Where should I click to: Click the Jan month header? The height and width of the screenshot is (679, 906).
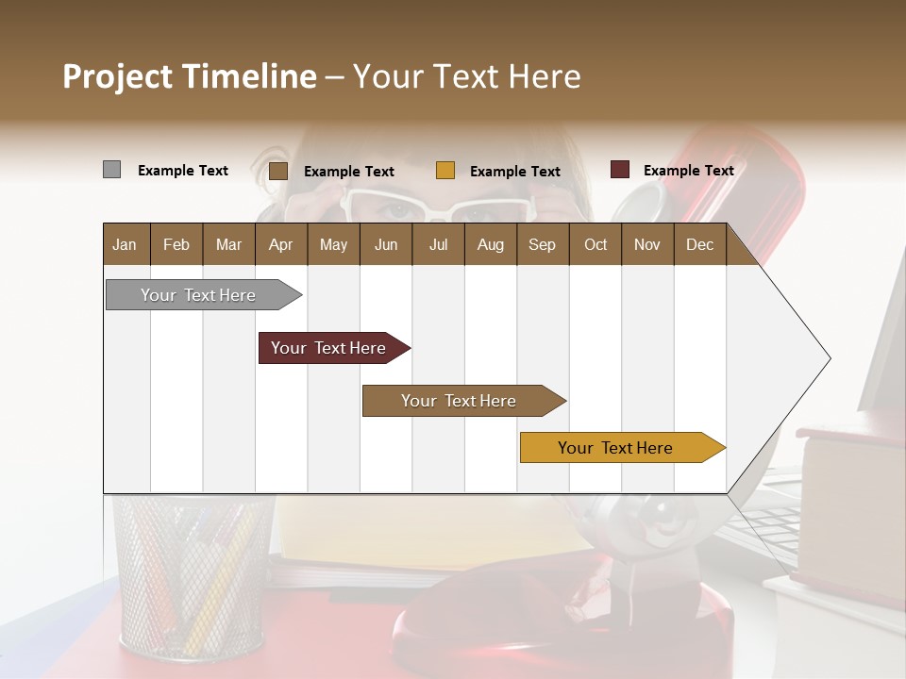126,244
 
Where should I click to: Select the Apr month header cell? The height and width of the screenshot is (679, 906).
281,244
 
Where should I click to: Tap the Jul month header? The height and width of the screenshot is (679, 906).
438,244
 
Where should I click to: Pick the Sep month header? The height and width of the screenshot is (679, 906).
542,244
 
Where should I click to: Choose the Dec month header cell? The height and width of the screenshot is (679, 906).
699,244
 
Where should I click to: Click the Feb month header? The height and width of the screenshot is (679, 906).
176,244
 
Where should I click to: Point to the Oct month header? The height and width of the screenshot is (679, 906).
596,244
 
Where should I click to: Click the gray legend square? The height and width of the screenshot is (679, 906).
111,170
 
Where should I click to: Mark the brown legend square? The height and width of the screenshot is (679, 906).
278,171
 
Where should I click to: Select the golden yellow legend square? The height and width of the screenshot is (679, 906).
445,171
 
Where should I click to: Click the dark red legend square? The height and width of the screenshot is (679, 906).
620,170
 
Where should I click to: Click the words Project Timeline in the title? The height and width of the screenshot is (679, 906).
189,76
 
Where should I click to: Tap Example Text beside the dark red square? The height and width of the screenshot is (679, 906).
688,171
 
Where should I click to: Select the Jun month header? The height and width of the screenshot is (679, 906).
386,244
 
